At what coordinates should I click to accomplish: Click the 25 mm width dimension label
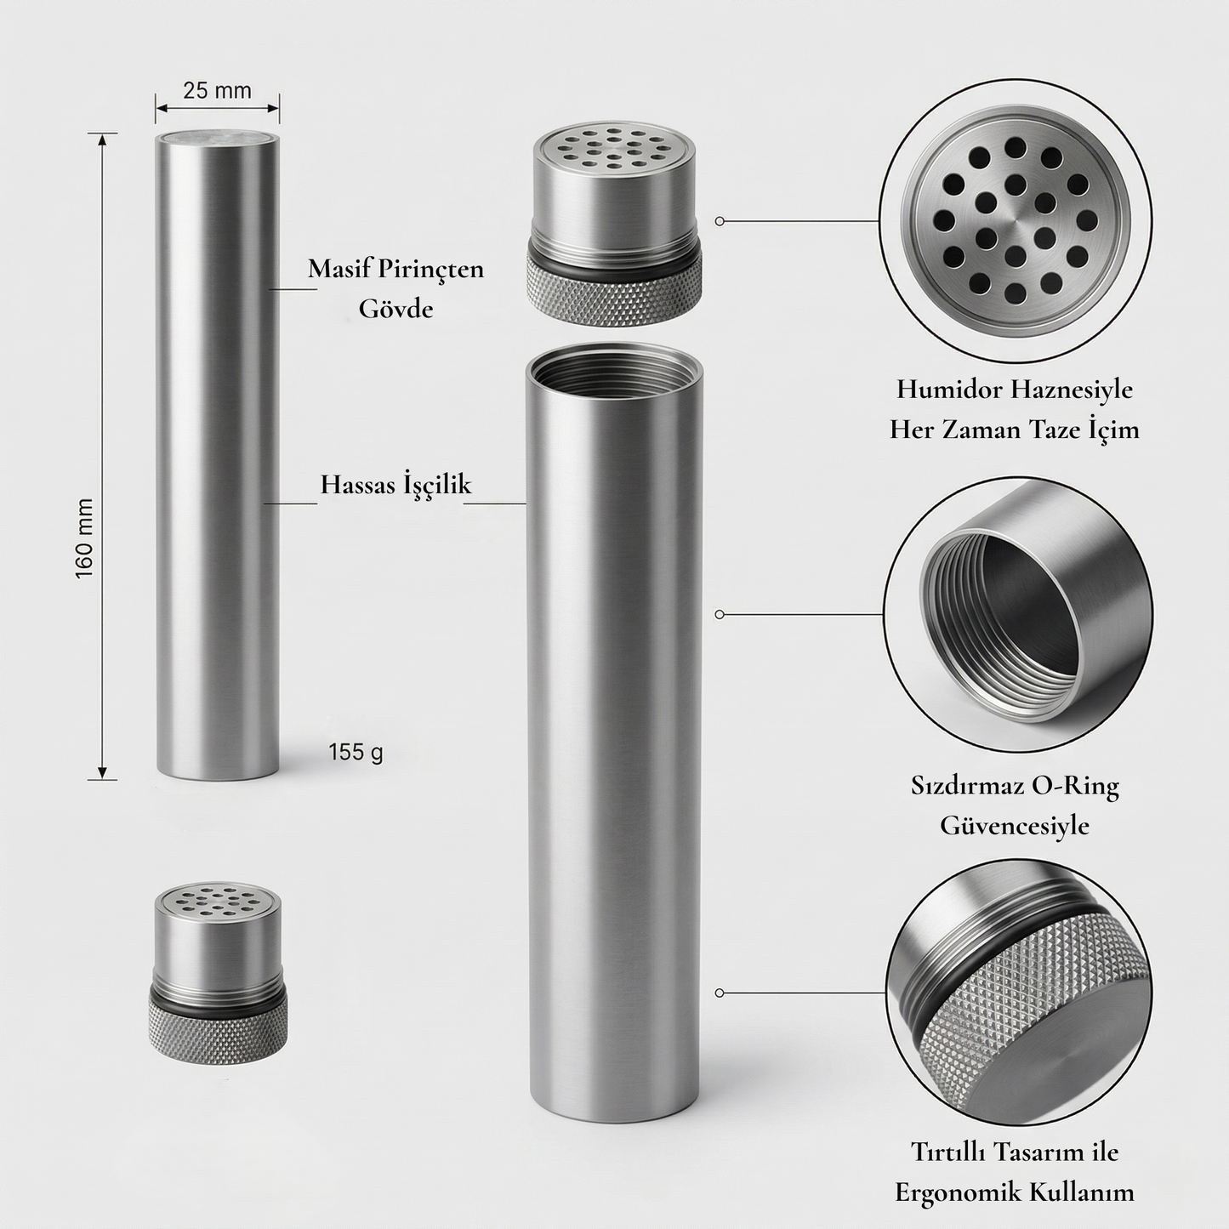[217, 90]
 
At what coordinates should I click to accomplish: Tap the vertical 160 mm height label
[84, 539]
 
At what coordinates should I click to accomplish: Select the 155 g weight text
[356, 753]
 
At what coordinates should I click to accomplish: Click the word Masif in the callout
[339, 269]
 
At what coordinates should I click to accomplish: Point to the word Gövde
[395, 309]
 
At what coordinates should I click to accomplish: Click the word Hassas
[358, 484]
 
